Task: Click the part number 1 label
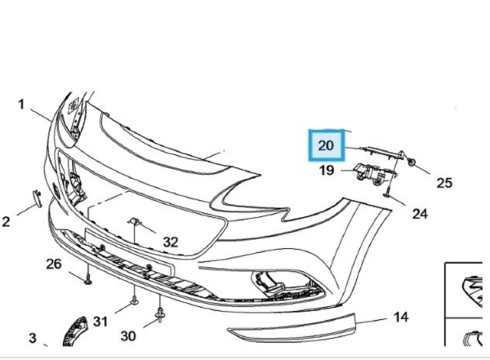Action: point(22,104)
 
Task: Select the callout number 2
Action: point(7,220)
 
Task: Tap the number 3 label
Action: point(32,337)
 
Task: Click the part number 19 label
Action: point(326,171)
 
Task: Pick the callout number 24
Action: point(420,214)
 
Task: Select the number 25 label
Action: point(443,183)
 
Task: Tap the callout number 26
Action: point(53,263)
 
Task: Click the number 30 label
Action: point(128,336)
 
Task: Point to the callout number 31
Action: point(99,321)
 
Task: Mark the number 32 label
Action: point(169,242)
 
